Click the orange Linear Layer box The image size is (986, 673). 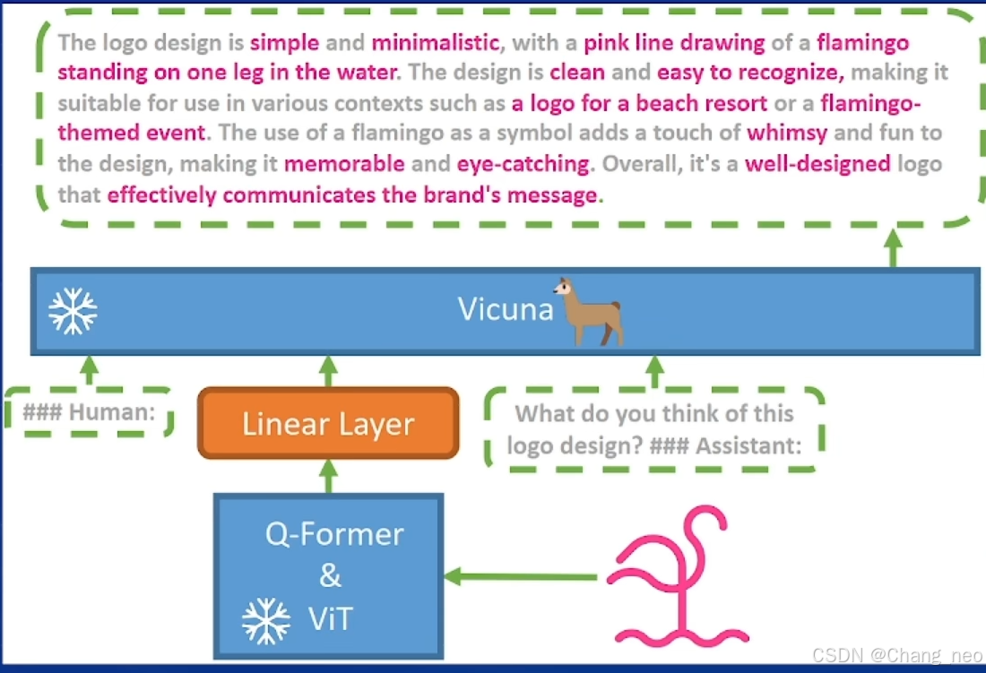point(328,423)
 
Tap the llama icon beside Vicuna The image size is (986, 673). point(588,311)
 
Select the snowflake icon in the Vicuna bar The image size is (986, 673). point(73,311)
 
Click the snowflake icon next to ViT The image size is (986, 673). point(266,620)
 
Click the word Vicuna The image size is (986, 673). point(506,308)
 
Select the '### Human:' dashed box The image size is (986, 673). point(89,413)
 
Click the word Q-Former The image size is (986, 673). point(334,534)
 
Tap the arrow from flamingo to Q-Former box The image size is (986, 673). point(521,576)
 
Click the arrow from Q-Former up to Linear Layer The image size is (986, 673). point(328,476)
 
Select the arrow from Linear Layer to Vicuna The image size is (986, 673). point(328,371)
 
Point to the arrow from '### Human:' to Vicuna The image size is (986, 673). point(89,370)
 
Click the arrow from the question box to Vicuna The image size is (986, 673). point(655,370)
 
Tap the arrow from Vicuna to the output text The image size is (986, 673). point(893,248)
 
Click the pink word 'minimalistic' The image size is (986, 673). point(435,42)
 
